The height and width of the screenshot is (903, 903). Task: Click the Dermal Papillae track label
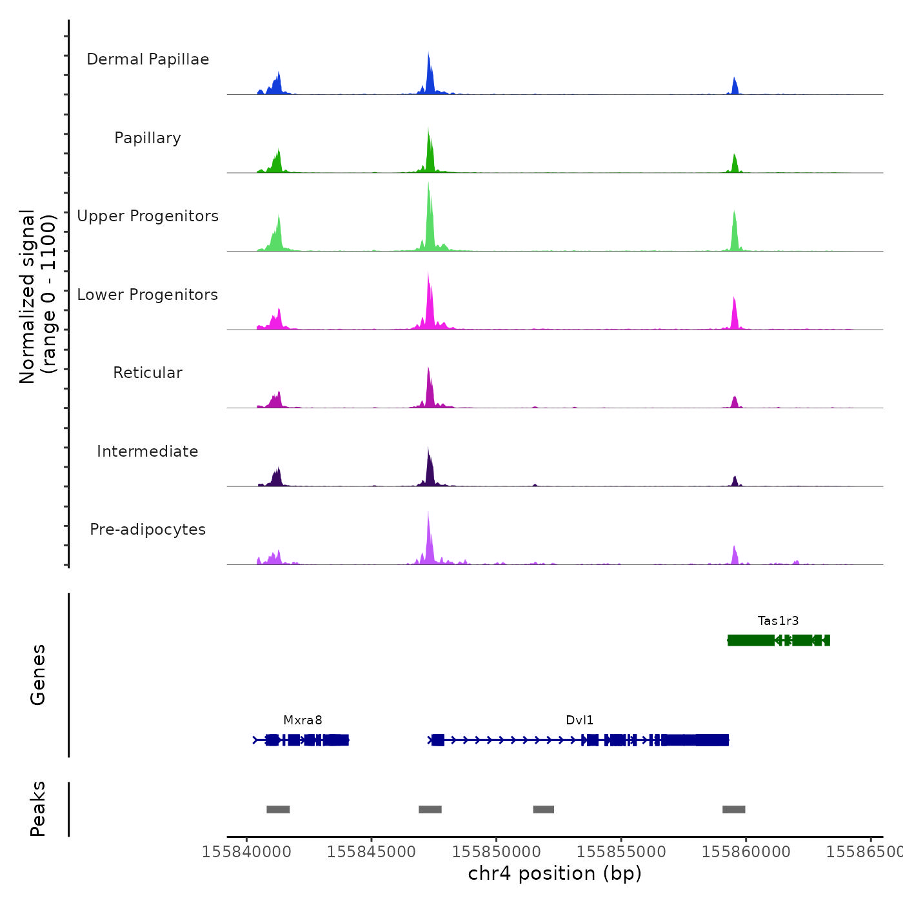pyautogui.click(x=148, y=59)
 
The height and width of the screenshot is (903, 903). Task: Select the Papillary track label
pyautogui.click(x=148, y=138)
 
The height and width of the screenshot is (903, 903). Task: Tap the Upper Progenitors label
pyautogui.click(x=148, y=216)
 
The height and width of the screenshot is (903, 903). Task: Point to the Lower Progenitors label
pyautogui.click(x=148, y=295)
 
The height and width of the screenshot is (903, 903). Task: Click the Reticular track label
pyautogui.click(x=148, y=373)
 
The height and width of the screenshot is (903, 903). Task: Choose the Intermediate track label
pyautogui.click(x=148, y=451)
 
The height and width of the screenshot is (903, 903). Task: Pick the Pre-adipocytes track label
pyautogui.click(x=148, y=530)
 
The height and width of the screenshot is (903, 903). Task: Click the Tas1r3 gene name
pyautogui.click(x=778, y=621)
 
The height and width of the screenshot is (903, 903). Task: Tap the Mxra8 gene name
pyautogui.click(x=303, y=720)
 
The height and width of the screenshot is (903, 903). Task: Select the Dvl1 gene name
pyautogui.click(x=579, y=720)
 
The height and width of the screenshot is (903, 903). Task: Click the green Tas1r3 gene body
pyautogui.click(x=751, y=640)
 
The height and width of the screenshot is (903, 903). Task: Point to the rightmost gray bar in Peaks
pyautogui.click(x=733, y=809)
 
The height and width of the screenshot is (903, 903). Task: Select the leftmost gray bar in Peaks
pyautogui.click(x=278, y=809)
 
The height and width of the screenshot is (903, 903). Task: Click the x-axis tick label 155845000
pyautogui.click(x=372, y=852)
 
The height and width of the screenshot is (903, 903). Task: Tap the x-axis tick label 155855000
pyautogui.click(x=621, y=852)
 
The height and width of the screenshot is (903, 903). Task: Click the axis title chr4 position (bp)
pyautogui.click(x=555, y=873)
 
